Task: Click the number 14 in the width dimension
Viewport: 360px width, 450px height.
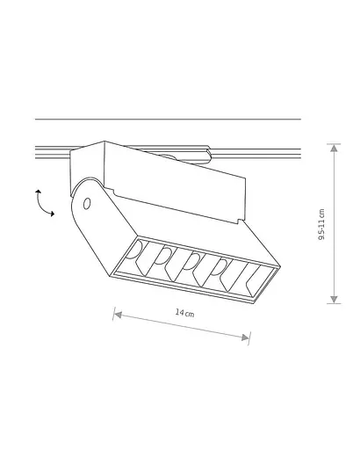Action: [x=177, y=312]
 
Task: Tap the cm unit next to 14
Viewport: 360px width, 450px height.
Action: [x=189, y=314]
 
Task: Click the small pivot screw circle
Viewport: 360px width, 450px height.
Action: [x=87, y=204]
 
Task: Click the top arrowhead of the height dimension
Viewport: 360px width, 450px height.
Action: [x=334, y=148]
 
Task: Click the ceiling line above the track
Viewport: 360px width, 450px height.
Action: [x=167, y=119]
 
